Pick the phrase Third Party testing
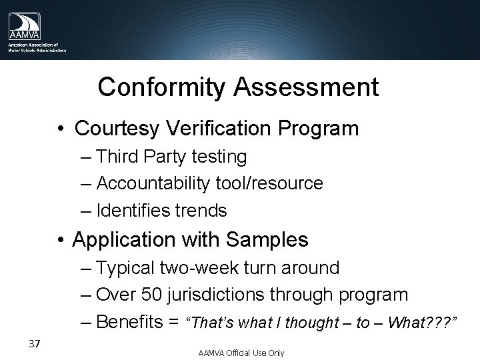click(171, 157)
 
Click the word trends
click(202, 211)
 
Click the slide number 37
click(36, 344)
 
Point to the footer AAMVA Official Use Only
click(241, 352)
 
